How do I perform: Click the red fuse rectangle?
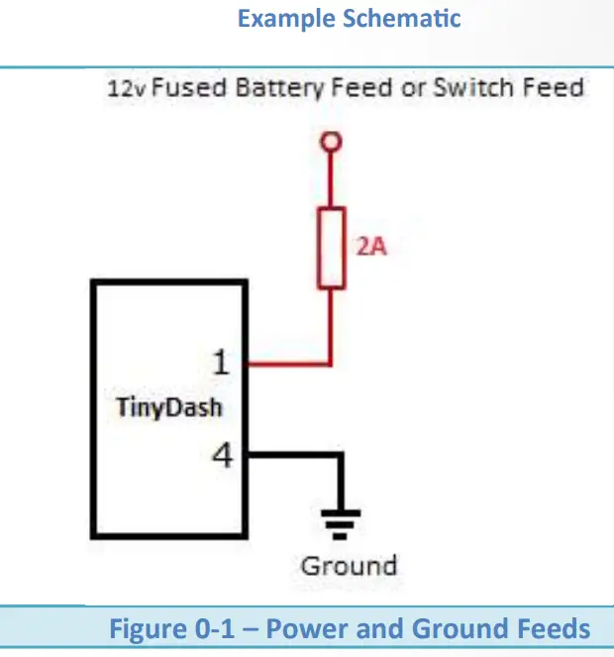coord(333,248)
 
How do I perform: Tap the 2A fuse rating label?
coord(371,247)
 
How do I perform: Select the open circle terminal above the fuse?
coord(333,143)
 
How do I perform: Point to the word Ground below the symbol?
coord(349,566)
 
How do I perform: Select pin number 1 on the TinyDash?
coord(222,363)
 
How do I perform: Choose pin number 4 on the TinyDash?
coord(222,456)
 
